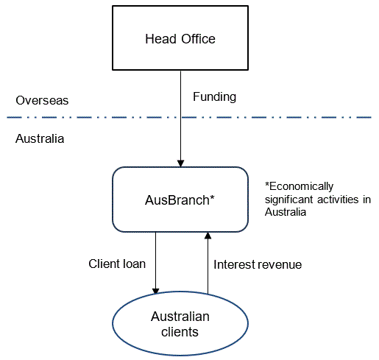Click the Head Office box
coord(180,38)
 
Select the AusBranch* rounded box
coord(180,199)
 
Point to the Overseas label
coord(38,100)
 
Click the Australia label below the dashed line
coord(40,138)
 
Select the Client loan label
coord(118,264)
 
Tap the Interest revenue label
coord(257,264)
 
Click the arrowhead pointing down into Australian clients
coord(155,292)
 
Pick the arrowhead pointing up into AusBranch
coord(208,236)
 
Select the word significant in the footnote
coord(290,198)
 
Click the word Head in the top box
coord(160,38)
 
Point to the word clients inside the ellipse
coord(180,331)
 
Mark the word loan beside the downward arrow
coord(136,264)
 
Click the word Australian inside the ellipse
coord(180,317)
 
